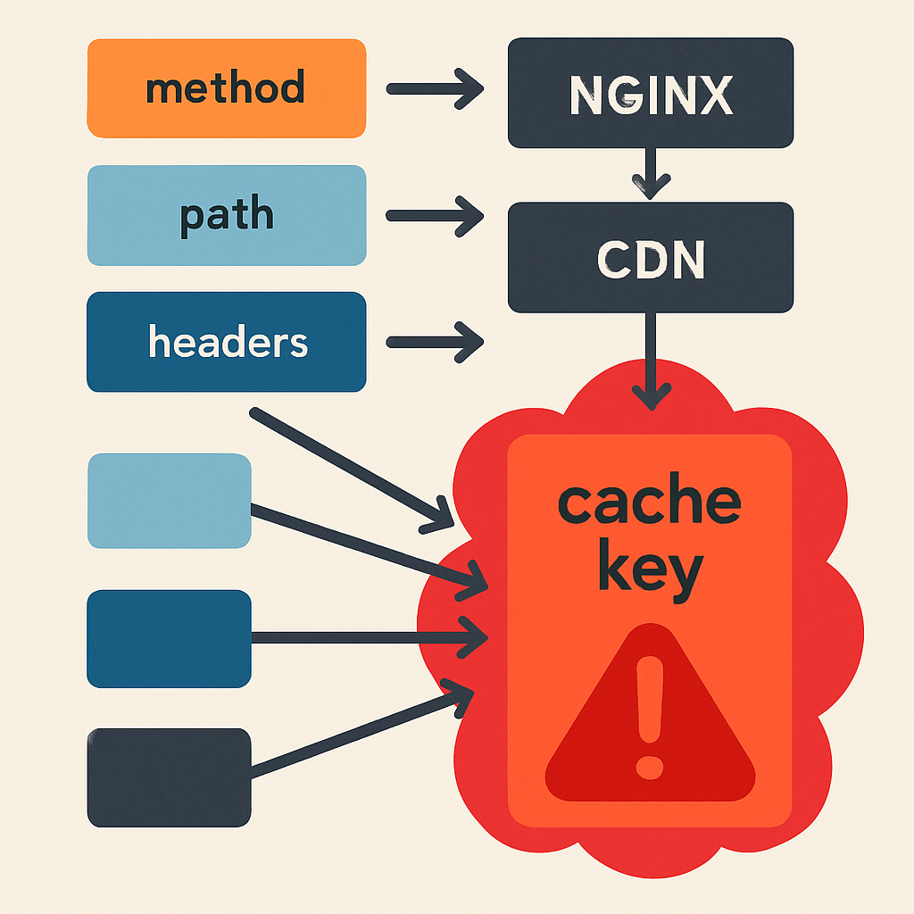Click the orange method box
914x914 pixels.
point(226,88)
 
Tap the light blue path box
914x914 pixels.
point(226,216)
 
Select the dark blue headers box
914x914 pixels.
point(226,342)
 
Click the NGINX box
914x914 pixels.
point(651,93)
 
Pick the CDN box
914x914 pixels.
point(651,257)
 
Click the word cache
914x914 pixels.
point(650,499)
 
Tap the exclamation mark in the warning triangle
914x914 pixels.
point(650,718)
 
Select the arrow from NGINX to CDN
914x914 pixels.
point(651,174)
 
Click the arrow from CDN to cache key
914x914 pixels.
point(651,361)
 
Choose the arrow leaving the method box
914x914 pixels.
point(435,88)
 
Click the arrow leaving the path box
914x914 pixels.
point(435,216)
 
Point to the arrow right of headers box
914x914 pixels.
point(435,342)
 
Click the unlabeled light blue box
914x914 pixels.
point(169,501)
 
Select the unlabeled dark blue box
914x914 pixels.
point(169,639)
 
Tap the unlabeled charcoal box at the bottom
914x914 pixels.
point(169,777)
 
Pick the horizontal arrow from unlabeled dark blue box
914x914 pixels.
point(370,637)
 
